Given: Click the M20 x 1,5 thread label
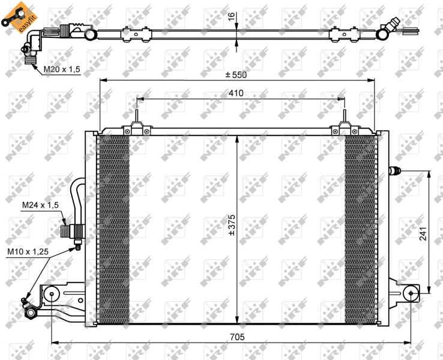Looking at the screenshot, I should (61, 70).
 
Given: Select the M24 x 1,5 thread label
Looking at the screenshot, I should (40, 205).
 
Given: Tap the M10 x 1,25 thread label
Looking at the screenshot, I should (28, 252).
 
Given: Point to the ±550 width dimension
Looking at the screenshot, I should (237, 75).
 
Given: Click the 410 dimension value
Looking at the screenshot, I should (235, 93).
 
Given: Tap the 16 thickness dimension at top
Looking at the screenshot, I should (231, 17).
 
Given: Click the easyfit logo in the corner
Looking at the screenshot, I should (14, 14).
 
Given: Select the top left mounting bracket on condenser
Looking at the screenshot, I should (137, 128).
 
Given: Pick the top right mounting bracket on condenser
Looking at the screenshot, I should (345, 128).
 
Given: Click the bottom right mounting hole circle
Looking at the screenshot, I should (410, 293).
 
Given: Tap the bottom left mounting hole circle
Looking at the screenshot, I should (52, 294).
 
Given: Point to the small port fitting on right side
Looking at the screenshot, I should (394, 172).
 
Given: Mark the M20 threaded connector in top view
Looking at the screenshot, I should (28, 55).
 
